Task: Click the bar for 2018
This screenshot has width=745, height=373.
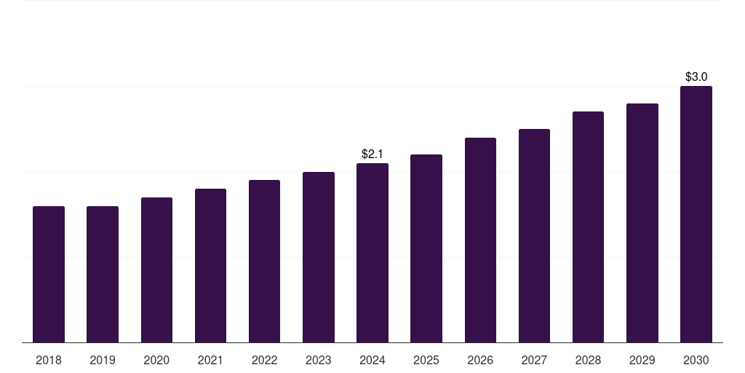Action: pyautogui.click(x=49, y=275)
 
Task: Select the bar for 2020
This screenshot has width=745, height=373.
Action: pyautogui.click(x=156, y=270)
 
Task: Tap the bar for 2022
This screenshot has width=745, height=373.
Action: pyautogui.click(x=264, y=262)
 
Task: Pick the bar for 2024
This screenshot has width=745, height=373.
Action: pyautogui.click(x=372, y=253)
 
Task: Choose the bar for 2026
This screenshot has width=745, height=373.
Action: pyautogui.click(x=480, y=240)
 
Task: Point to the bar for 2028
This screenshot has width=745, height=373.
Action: pyautogui.click(x=588, y=227)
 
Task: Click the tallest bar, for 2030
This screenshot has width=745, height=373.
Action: pyautogui.click(x=696, y=214)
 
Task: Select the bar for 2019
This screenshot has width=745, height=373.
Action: pyautogui.click(x=103, y=275)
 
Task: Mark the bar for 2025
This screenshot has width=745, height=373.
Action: pyautogui.click(x=426, y=248)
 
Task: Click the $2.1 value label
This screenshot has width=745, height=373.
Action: pyautogui.click(x=372, y=154)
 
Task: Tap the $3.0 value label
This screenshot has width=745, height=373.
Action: pyautogui.click(x=696, y=77)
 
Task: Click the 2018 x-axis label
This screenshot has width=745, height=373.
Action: pyautogui.click(x=49, y=361)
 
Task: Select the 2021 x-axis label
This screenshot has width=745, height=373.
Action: pyautogui.click(x=210, y=361)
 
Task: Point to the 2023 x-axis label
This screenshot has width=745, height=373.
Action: pyautogui.click(x=319, y=361)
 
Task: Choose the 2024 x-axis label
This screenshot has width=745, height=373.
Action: pyautogui.click(x=372, y=361)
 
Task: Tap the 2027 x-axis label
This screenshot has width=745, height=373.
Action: pyautogui.click(x=534, y=361)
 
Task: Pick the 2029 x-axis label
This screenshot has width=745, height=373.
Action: pyautogui.click(x=642, y=361)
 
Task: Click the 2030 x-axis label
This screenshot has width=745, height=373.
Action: pyautogui.click(x=696, y=361)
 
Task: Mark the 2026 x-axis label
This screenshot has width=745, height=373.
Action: pyautogui.click(x=480, y=361)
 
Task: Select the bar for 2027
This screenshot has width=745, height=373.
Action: pyautogui.click(x=534, y=236)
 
